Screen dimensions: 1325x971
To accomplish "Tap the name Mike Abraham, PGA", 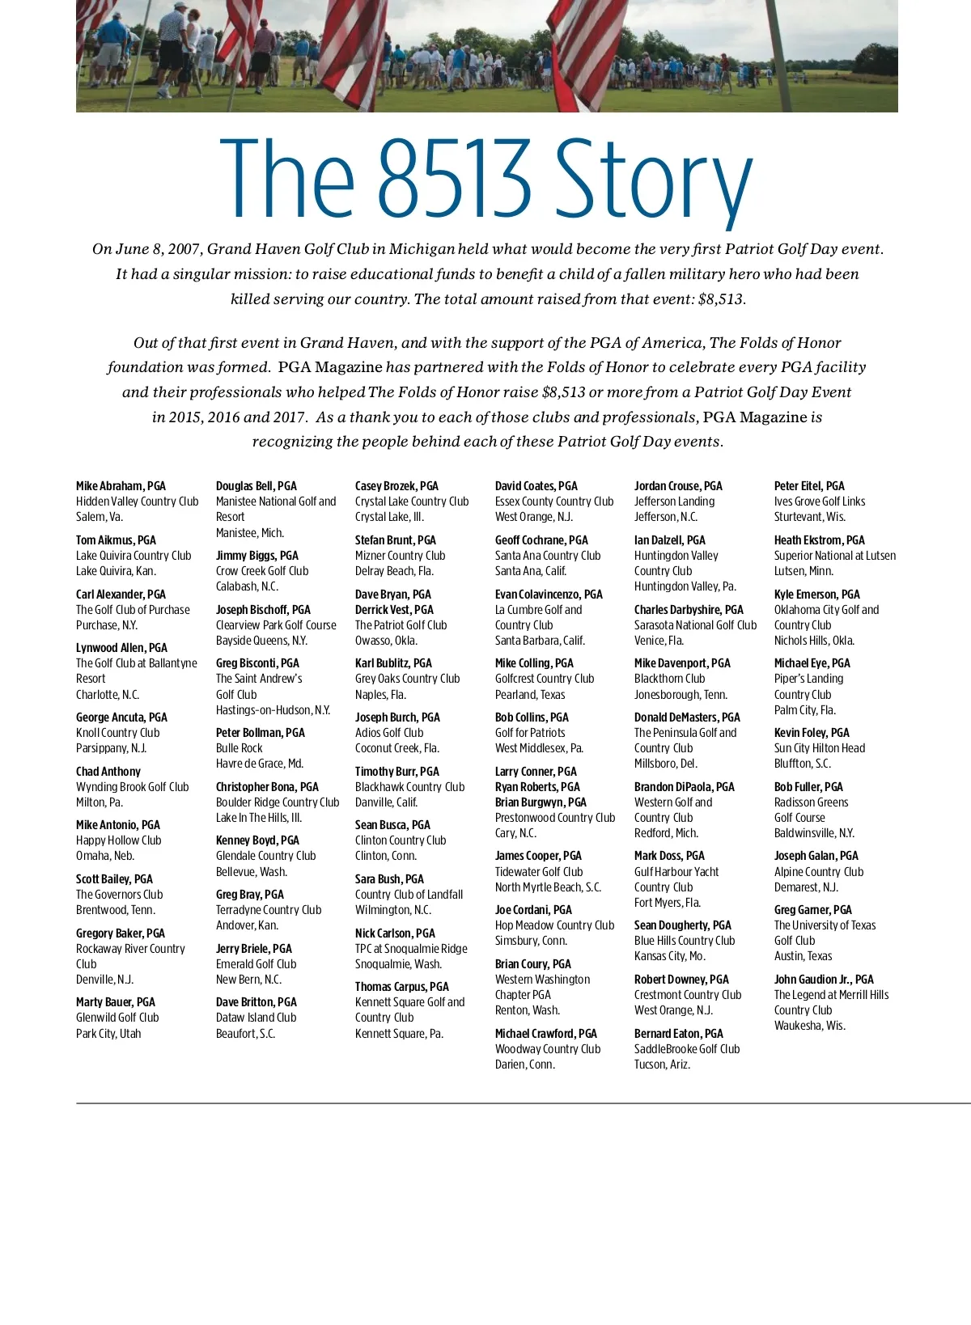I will tap(121, 486).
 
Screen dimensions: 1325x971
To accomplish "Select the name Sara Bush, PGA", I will tap(389, 879).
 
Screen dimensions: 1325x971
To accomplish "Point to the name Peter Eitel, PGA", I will tap(809, 486).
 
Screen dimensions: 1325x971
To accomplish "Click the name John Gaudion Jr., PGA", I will tap(824, 980).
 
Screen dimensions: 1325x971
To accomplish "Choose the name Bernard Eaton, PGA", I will tap(679, 1034).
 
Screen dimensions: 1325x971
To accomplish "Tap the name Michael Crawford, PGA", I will tap(546, 1034).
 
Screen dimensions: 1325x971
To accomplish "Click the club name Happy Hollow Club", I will tap(119, 840).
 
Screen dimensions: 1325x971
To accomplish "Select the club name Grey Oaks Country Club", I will tap(407, 679).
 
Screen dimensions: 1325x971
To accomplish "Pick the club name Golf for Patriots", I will tap(530, 733).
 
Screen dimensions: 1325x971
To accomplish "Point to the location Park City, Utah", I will tap(108, 1034).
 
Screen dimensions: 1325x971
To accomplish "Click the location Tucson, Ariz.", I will tap(662, 1065).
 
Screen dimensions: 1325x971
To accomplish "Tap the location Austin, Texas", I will tap(803, 956).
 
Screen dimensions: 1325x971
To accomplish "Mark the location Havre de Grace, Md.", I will tap(260, 764).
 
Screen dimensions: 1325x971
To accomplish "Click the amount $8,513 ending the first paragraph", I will tap(720, 299).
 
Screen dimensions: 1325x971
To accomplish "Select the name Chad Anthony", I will tap(108, 772).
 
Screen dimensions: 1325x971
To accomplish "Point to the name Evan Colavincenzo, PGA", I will tap(549, 595).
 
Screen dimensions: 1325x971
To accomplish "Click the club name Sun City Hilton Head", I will tap(820, 748).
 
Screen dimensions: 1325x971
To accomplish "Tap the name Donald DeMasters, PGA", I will tap(687, 718).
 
